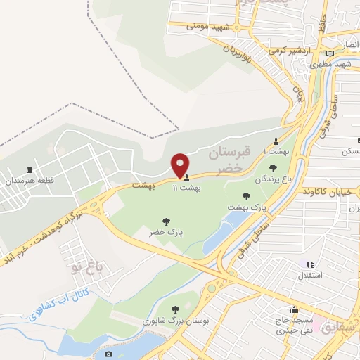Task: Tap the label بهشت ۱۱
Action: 188,188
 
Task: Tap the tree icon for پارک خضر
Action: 166,221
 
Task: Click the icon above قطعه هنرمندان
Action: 29,170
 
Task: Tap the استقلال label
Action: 310,275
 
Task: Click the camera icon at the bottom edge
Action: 108,355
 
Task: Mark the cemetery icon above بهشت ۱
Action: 276,140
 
